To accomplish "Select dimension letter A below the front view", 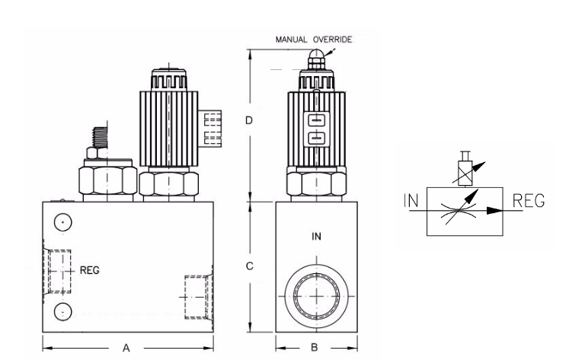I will coord(127,347).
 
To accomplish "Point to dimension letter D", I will coord(260,121).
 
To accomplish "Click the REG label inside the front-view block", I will coord(90,269).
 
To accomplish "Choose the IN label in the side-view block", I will coord(317,237).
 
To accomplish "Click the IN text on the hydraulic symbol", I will coord(411,202).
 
